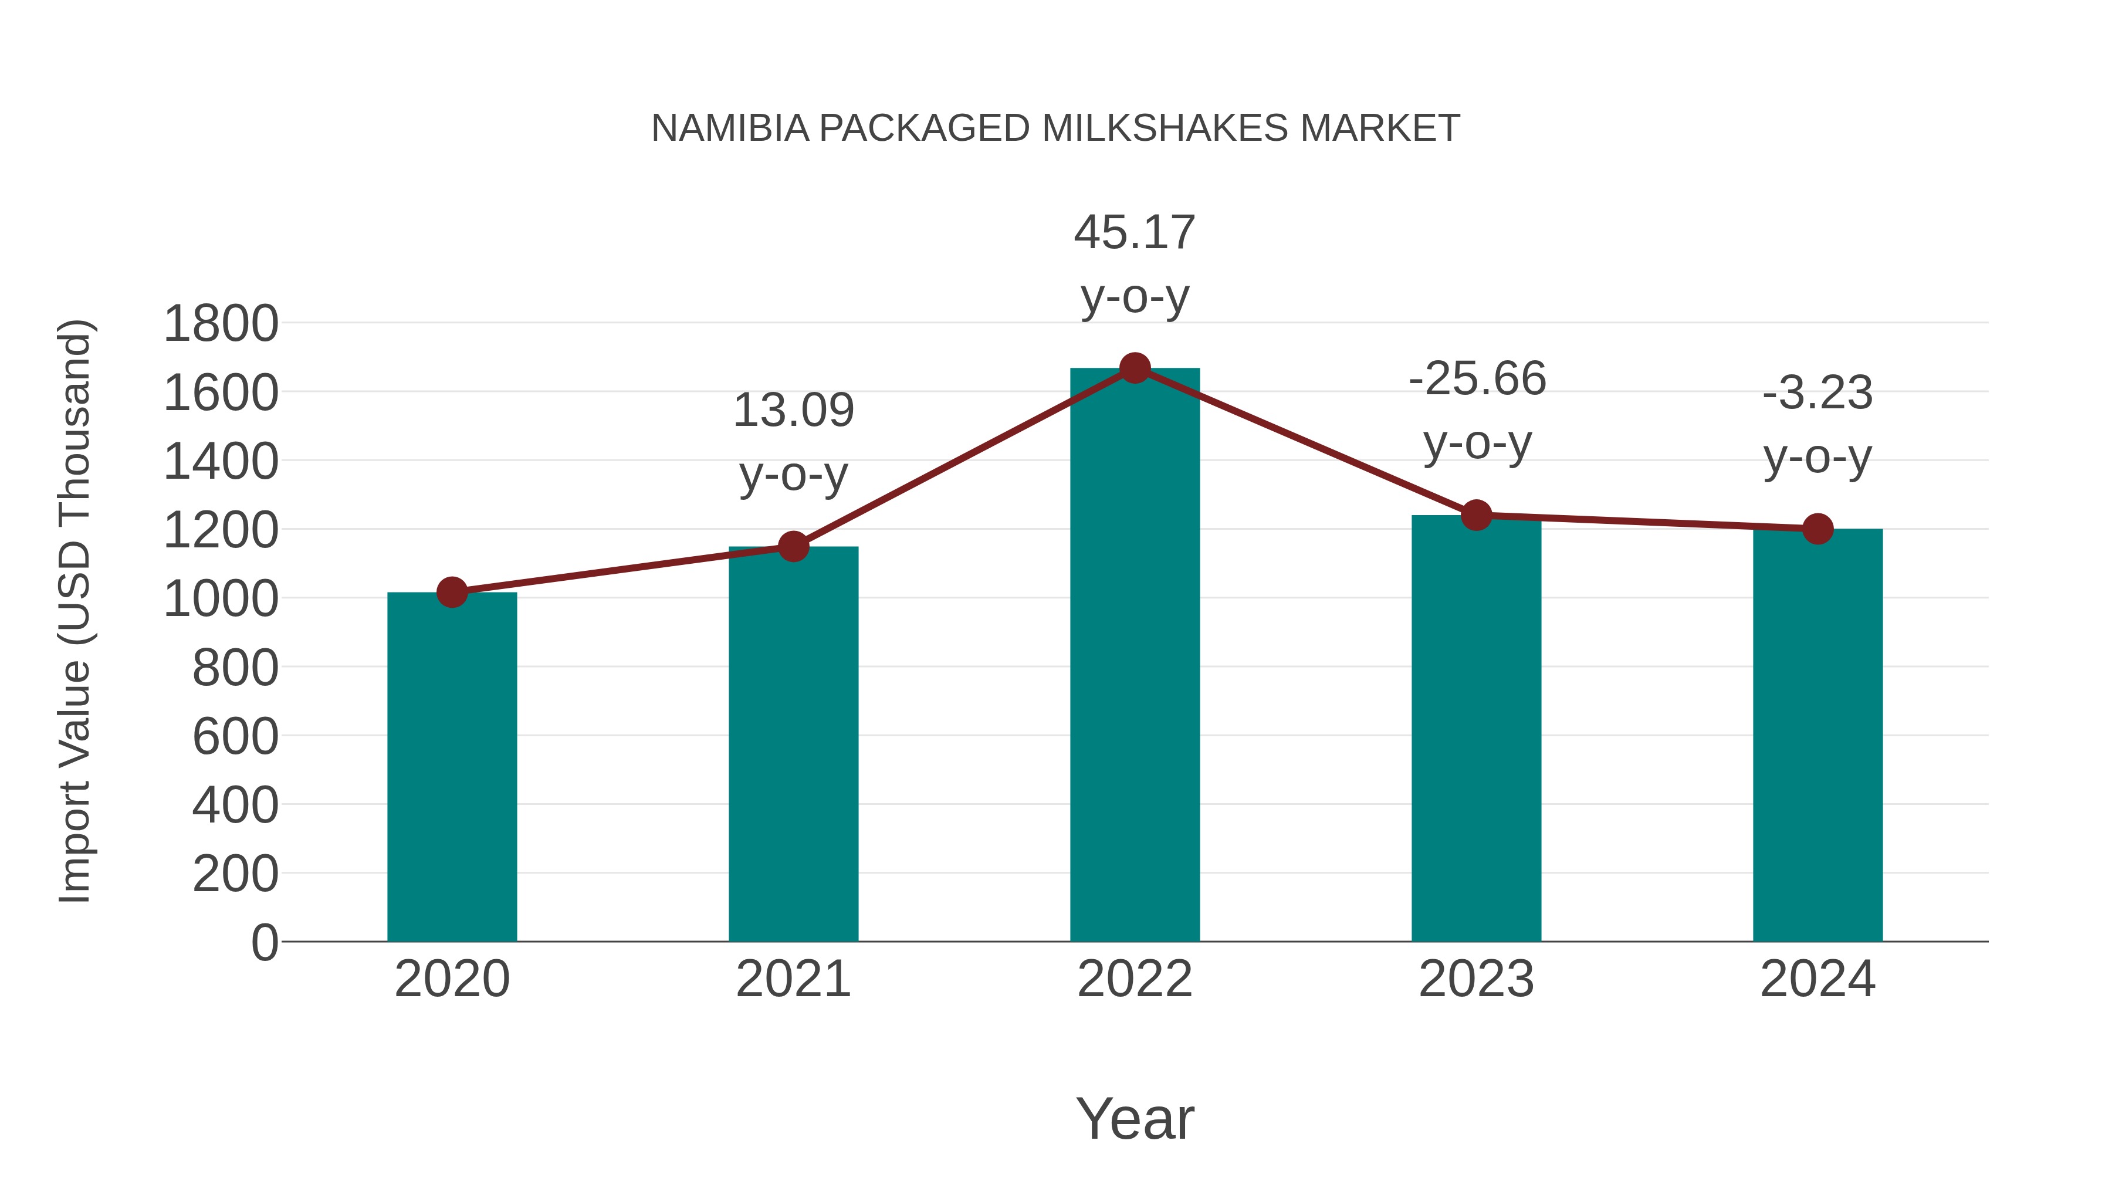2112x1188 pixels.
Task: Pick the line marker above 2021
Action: [793, 546]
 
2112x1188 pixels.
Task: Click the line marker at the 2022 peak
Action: [1134, 368]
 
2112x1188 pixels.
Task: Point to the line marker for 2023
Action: [1476, 515]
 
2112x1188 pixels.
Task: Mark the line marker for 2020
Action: [452, 592]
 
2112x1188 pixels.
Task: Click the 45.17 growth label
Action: [1134, 233]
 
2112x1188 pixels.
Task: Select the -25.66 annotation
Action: [1477, 380]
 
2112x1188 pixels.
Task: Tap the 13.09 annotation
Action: [793, 411]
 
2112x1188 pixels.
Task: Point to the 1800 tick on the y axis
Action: [221, 324]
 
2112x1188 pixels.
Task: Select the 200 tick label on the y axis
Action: [235, 874]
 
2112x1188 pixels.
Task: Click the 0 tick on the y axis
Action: [264, 942]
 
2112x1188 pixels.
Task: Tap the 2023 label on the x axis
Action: [1476, 979]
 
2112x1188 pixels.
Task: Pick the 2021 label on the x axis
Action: [793, 979]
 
